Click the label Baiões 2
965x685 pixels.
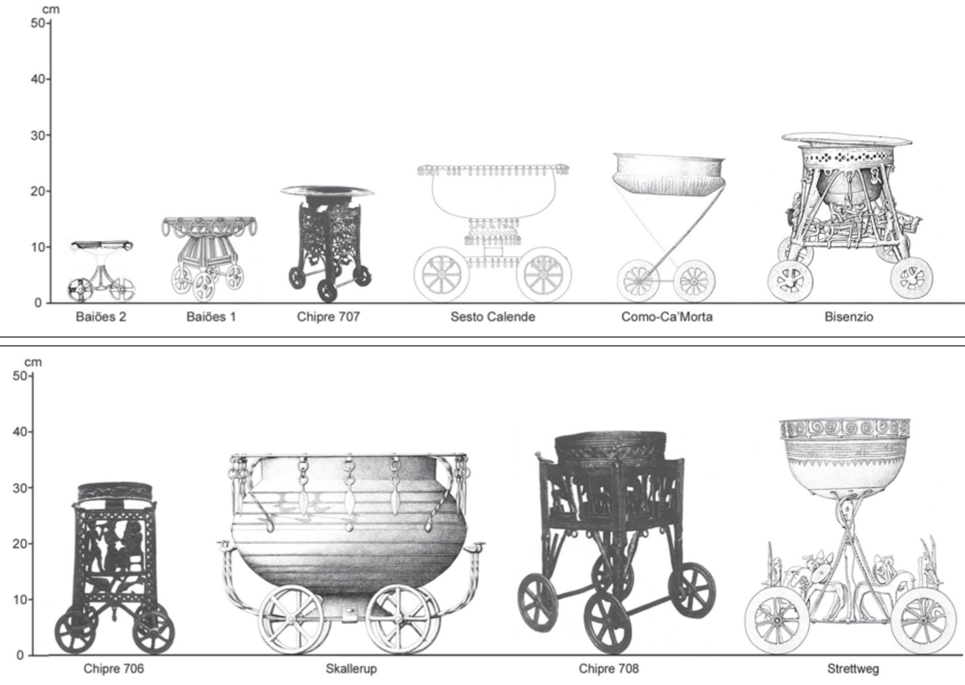coord(101,317)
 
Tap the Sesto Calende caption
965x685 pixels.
coord(493,317)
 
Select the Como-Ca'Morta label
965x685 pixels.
coord(667,317)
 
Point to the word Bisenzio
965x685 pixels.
coord(849,317)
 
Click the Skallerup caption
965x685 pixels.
coord(351,669)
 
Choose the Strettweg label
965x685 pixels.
coord(853,669)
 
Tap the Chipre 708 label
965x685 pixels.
coord(609,669)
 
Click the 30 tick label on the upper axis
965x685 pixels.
coord(38,135)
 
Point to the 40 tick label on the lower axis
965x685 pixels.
coord(20,432)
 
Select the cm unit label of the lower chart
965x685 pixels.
coord(33,362)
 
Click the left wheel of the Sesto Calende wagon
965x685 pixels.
coord(442,274)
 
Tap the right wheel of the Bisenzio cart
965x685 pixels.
coord(912,278)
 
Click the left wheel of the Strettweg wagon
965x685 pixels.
coord(777,621)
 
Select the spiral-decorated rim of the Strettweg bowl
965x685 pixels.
coord(845,429)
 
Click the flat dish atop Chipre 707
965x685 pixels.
coord(328,191)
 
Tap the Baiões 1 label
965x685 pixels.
coord(211,317)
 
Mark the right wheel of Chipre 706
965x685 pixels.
coord(153,632)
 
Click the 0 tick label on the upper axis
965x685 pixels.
coord(38,303)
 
